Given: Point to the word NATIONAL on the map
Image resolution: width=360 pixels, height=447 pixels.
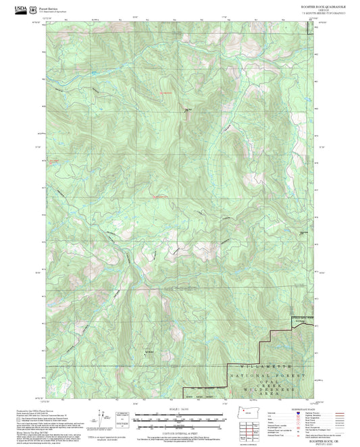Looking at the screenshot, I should (x=247, y=374).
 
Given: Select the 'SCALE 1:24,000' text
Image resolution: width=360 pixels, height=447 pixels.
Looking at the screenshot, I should (x=180, y=408).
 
